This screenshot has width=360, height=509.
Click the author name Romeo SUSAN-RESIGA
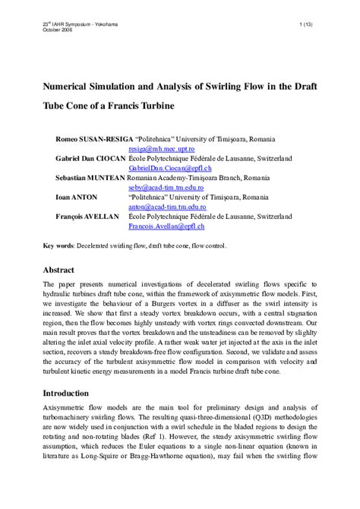pos(89,140)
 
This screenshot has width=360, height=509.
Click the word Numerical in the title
pos(70,86)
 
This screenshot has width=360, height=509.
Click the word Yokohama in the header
pos(106,25)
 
